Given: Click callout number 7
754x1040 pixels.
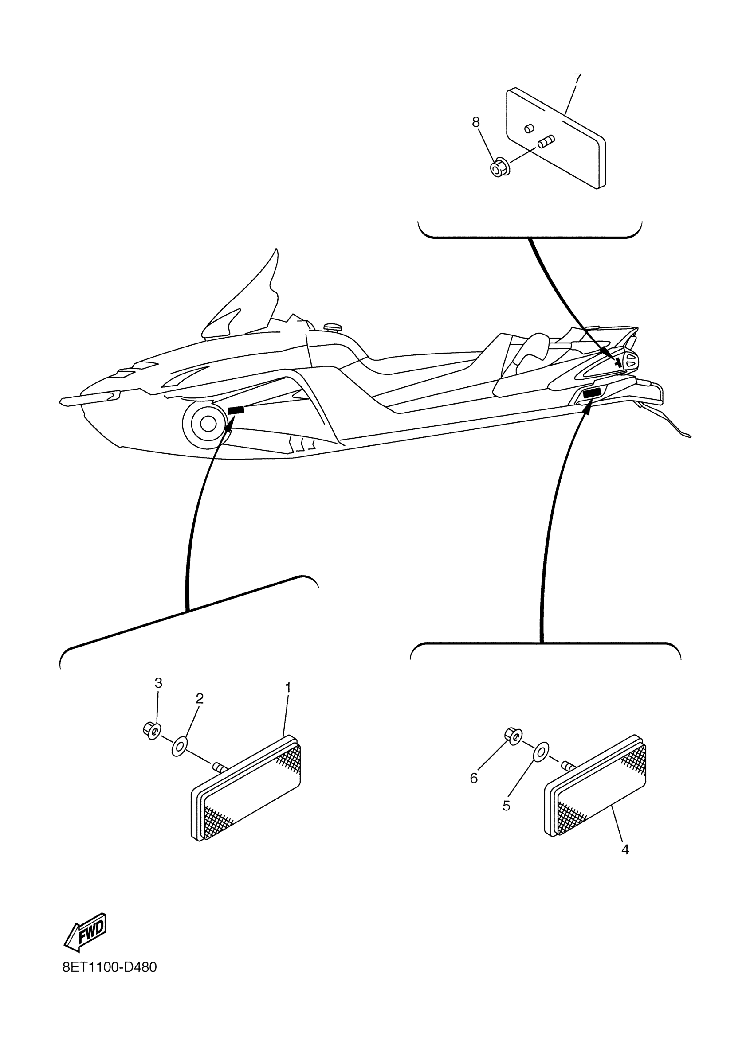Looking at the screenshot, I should point(577,78).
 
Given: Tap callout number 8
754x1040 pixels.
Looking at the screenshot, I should point(476,122).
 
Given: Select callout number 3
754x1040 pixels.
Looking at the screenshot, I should point(158,683).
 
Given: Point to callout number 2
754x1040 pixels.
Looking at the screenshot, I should point(200,698).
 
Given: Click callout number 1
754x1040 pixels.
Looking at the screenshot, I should point(288,687).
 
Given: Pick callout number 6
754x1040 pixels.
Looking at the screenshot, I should point(474,778).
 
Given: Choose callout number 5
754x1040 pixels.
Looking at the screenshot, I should point(506,806).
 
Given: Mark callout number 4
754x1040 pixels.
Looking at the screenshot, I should point(624,850).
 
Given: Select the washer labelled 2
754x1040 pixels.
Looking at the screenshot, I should point(179,747).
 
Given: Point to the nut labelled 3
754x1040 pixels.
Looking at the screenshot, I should point(150,730).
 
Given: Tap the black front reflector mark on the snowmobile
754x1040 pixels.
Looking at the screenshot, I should point(236,410).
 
